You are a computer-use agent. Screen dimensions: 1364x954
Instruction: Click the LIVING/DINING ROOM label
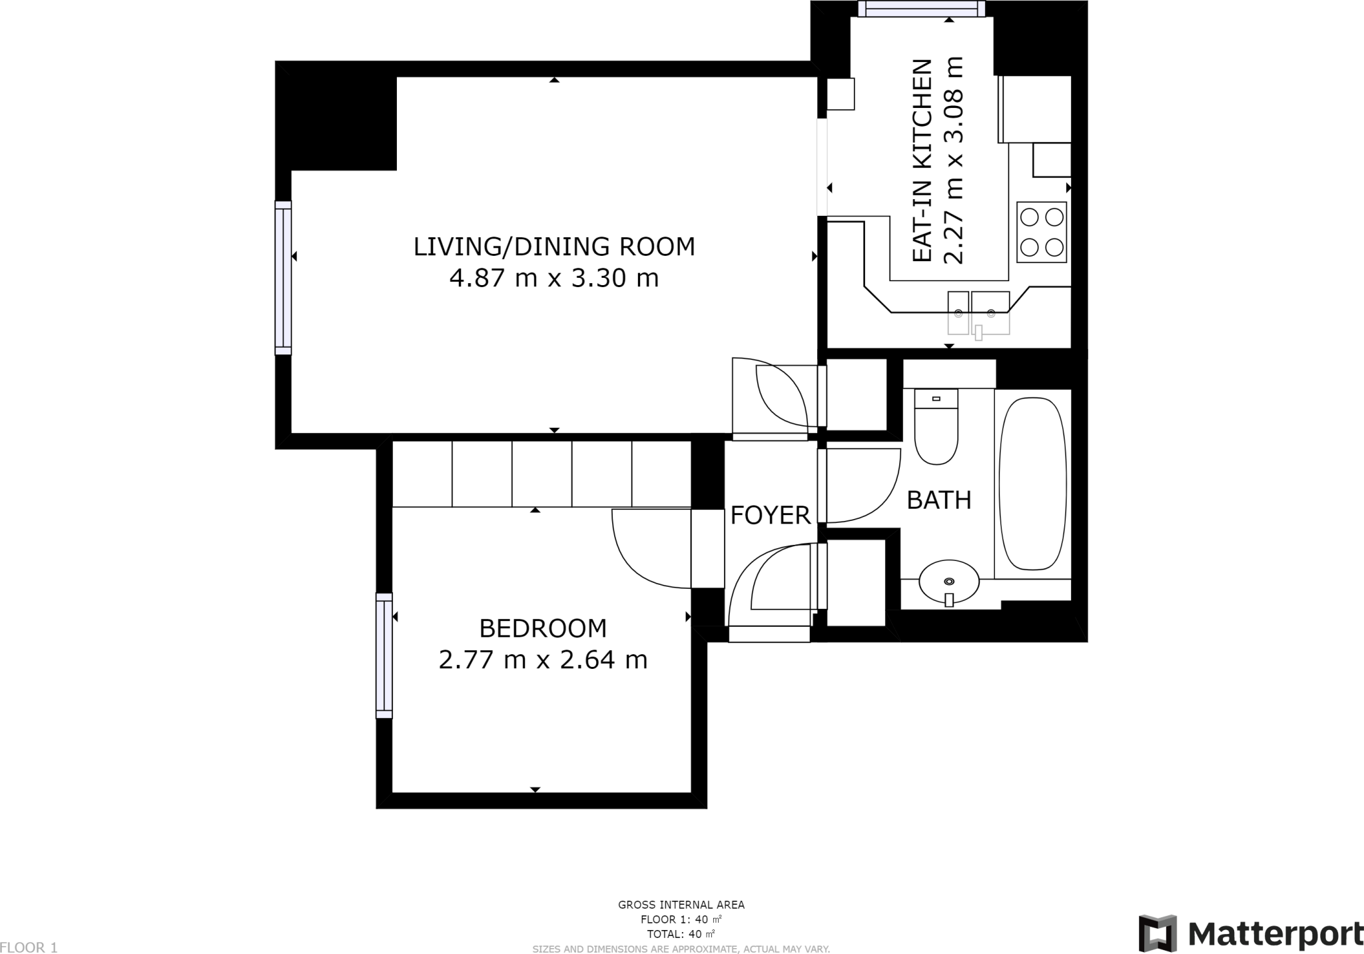554,246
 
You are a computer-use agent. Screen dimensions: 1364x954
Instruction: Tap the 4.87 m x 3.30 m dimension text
554,278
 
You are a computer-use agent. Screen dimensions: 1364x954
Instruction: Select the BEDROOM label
543,628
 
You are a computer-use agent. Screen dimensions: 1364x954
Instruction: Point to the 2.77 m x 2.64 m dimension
543,660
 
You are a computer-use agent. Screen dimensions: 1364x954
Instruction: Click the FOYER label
771,515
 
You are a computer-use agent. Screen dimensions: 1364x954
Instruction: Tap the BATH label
939,500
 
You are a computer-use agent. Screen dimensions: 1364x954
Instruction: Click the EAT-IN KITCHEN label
921,161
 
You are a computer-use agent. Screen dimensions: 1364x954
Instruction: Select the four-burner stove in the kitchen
1042,233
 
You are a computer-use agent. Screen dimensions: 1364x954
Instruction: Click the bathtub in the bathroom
1033,484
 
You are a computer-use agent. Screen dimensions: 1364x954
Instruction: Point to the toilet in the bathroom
936,427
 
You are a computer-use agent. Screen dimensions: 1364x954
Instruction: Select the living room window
283,278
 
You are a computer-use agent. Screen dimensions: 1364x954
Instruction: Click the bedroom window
384,656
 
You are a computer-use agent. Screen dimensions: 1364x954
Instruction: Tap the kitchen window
922,9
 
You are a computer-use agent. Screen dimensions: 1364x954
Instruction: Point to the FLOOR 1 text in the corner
29,947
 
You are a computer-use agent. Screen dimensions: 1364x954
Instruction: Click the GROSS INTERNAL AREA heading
681,905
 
